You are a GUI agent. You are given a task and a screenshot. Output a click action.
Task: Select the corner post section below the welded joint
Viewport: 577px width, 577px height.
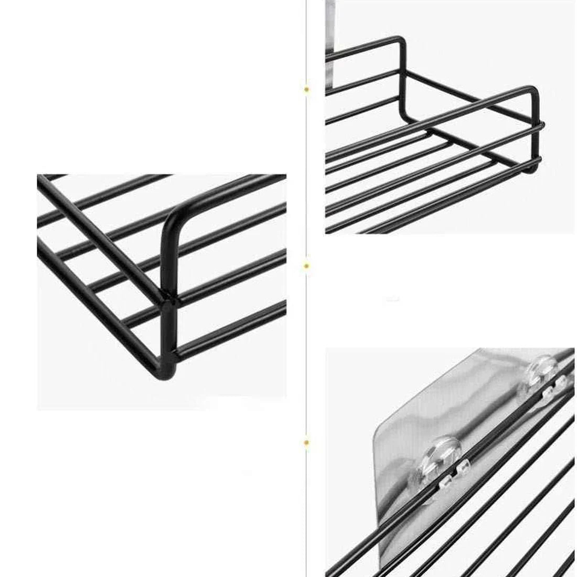click(x=168, y=336)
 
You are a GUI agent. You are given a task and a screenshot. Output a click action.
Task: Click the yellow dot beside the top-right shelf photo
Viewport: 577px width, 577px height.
click(x=306, y=90)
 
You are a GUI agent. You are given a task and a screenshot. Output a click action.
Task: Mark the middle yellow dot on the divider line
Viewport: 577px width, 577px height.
click(x=306, y=266)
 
